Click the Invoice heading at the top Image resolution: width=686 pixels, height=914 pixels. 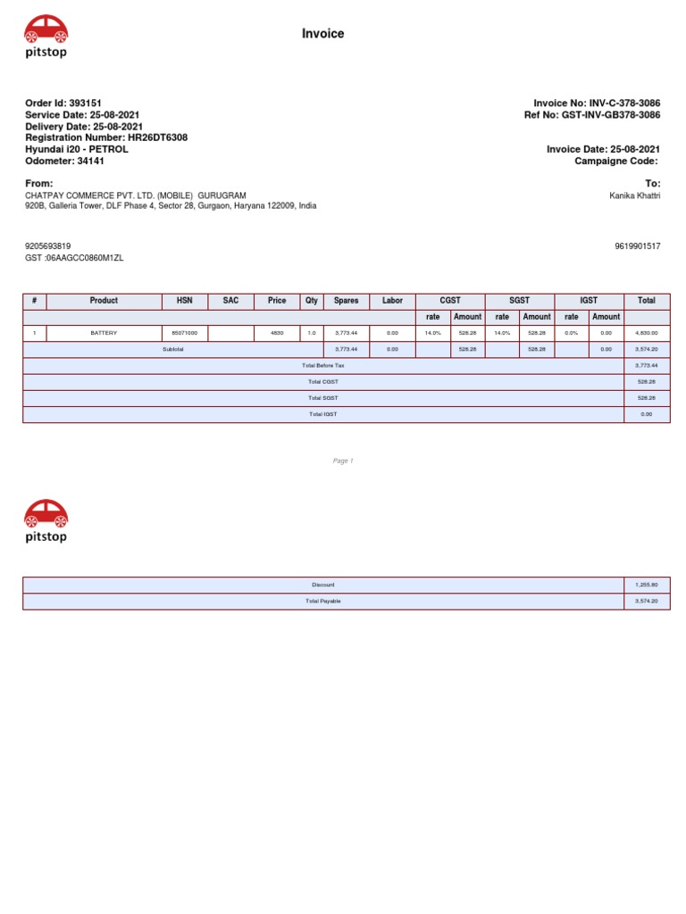[x=322, y=34]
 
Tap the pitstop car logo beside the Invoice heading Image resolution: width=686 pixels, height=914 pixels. [x=46, y=37]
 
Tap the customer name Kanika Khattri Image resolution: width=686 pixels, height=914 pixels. [x=634, y=195]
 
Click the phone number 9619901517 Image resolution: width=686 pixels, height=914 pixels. [x=638, y=246]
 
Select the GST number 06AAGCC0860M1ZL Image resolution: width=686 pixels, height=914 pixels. [x=88, y=258]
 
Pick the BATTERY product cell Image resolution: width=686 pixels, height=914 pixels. [x=104, y=332]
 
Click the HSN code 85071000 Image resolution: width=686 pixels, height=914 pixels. [x=184, y=332]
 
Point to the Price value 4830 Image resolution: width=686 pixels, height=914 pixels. [x=277, y=332]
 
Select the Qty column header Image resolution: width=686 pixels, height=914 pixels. [x=312, y=301]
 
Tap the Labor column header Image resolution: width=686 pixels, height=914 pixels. [x=392, y=301]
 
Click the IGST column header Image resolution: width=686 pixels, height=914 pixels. [x=589, y=301]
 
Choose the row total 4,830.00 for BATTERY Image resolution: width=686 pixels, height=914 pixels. [x=647, y=332]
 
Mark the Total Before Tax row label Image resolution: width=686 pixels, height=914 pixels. [x=322, y=365]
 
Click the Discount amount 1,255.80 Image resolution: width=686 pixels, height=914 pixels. [x=647, y=585]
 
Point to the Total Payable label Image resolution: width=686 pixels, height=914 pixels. [x=322, y=602]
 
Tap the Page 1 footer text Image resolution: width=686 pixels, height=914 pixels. [x=343, y=461]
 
